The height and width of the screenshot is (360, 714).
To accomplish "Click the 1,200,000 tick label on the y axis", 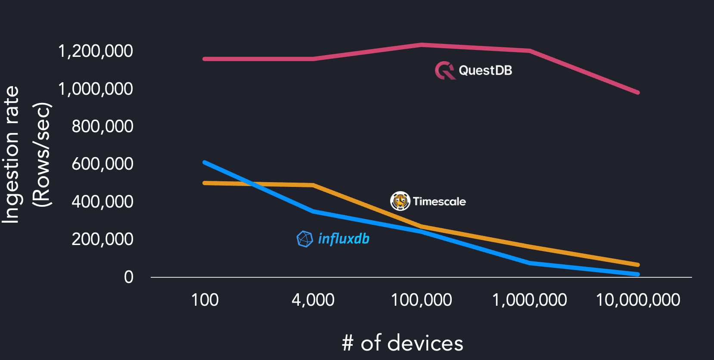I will point(95,51).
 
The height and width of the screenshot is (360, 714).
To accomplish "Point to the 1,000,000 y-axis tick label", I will point(95,89).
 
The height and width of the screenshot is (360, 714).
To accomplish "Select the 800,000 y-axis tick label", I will point(102,127).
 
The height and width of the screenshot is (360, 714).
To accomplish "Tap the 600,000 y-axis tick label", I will point(102,164).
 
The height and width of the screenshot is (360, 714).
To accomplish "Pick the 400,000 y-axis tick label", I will point(102,202).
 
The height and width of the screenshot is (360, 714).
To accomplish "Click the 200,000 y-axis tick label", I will point(102,239).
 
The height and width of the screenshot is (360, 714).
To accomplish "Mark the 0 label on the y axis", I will point(129,277).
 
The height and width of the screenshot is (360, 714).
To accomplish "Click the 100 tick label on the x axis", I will point(205,300).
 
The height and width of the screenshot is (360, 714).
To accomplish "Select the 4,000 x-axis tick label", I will point(313,300).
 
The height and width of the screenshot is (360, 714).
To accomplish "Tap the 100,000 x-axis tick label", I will point(421,300).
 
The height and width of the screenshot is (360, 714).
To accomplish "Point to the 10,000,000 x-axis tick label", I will point(638,300).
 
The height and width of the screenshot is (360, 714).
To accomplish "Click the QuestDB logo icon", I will point(445,70).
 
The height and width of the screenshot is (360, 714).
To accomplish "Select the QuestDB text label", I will point(485,70).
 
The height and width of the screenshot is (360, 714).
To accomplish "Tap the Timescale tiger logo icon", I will point(400,201).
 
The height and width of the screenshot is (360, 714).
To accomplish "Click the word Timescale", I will point(439,202).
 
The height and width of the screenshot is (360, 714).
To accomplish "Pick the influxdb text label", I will point(344,239).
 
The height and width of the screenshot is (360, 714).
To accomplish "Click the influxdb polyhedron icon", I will point(304,239).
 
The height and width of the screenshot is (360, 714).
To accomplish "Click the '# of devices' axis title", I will point(402,343).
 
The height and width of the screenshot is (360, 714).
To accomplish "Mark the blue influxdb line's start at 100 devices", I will point(205,162).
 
